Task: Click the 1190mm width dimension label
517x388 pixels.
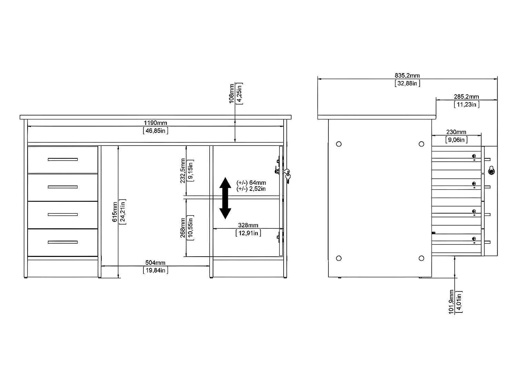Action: pos(155,123)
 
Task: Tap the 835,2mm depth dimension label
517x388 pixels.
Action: pos(407,76)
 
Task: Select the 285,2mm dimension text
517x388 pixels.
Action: pos(466,97)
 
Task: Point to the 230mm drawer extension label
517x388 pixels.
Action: pos(456,132)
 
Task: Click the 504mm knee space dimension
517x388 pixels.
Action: pos(155,263)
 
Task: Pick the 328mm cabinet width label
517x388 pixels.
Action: pos(248,226)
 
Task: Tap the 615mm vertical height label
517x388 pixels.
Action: pos(115,212)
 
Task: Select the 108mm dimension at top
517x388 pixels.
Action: pos(232,93)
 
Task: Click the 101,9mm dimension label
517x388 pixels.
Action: pos(451,302)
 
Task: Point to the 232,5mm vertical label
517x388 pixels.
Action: pos(183,171)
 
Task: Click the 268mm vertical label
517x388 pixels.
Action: pos(183,228)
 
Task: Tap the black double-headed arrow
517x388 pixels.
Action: pos(225,198)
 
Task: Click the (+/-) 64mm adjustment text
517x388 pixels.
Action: pos(251,183)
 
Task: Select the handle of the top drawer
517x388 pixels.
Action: pos(63,159)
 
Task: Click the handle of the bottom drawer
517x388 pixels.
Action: pos(63,242)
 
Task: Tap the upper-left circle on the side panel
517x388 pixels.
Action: pos(339,144)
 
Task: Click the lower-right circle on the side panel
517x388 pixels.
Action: pos(422,258)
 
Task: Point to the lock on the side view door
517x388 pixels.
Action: pos(491,171)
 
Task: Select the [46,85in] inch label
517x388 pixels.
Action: pos(155,131)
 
